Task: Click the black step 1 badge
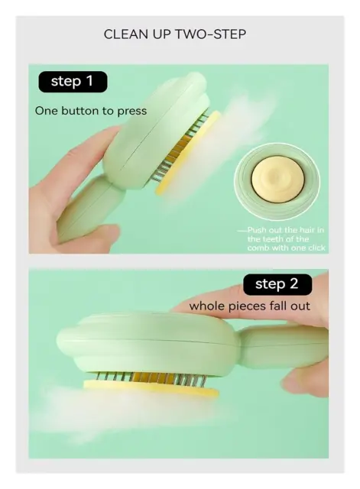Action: click(73, 82)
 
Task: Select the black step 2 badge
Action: click(277, 284)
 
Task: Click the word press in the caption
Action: click(132, 112)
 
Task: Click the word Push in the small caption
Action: click(257, 230)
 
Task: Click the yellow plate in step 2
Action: click(151, 388)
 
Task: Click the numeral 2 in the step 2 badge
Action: click(294, 284)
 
